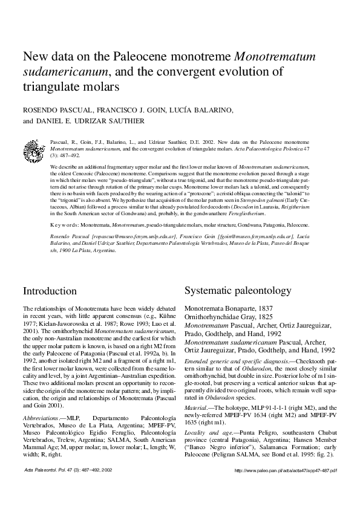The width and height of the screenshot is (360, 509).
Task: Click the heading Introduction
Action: tap(50, 291)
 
